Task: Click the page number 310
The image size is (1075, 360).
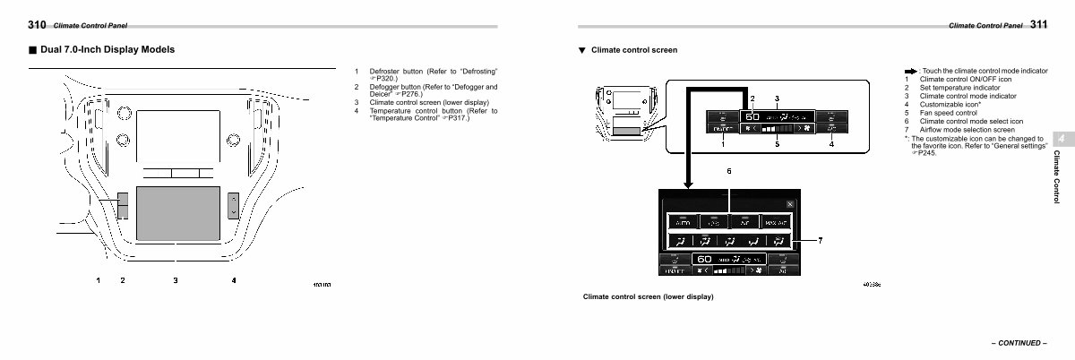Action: (38, 25)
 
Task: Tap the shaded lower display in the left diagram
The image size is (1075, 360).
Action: (177, 212)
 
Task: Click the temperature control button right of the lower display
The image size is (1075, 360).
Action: (234, 205)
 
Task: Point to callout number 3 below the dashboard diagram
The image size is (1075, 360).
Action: (176, 281)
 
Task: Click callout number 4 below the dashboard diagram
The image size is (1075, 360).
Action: (234, 281)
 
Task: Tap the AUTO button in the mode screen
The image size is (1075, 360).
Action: (684, 221)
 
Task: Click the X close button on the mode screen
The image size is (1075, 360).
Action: (788, 203)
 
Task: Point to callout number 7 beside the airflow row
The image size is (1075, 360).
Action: (820, 241)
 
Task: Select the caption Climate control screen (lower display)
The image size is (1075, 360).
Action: (648, 296)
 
